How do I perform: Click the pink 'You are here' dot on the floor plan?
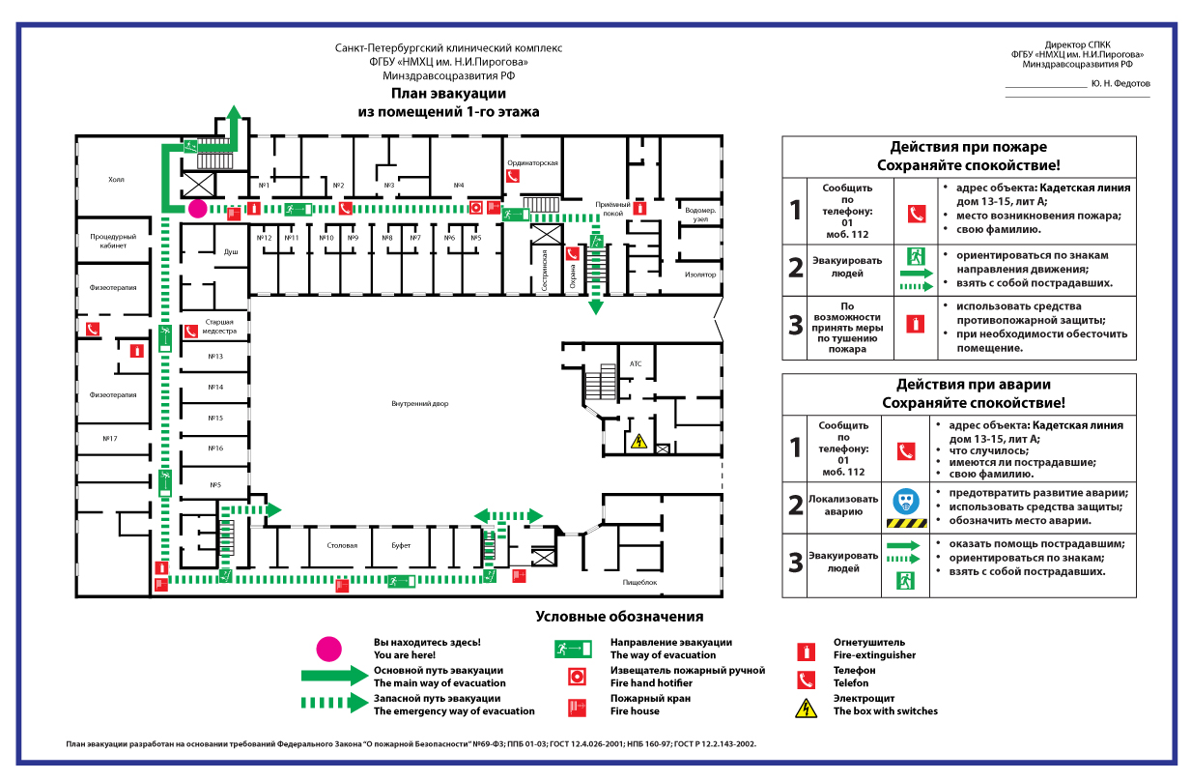pos(197,208)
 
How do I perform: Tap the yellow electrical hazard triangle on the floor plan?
pos(638,443)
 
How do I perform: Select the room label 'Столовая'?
pos(342,546)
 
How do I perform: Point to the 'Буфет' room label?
pos(401,546)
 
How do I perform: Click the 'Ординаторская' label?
pos(533,163)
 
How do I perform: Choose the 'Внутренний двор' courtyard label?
pos(419,403)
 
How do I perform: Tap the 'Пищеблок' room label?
pos(640,583)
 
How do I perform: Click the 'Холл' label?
pos(116,180)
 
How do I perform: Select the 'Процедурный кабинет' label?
pos(113,241)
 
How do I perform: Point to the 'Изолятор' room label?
pos(700,275)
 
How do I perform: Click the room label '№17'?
pos(110,439)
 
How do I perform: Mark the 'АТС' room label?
pos(636,363)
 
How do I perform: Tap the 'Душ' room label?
pos(231,251)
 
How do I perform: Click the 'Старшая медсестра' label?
pos(217,326)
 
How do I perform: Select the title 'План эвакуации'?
pos(448,94)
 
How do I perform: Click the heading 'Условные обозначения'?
pos(619,617)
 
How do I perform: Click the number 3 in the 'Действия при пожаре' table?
pos(796,325)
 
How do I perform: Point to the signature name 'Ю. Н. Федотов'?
pos(1120,83)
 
